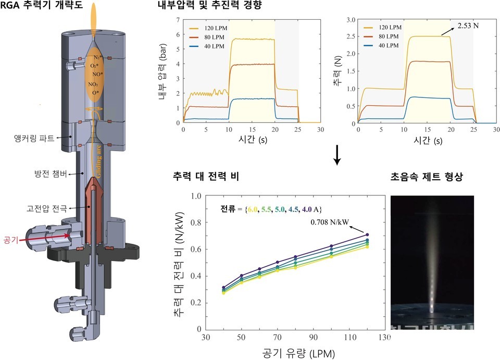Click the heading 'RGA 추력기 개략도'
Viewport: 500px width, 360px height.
[42, 7]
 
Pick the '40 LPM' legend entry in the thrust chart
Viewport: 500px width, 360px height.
[388, 46]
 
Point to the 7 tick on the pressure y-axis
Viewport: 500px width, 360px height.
[178, 20]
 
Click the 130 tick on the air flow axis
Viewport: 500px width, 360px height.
[385, 338]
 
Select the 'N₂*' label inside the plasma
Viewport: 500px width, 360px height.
[97, 57]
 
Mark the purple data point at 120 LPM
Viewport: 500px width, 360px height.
[368, 235]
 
